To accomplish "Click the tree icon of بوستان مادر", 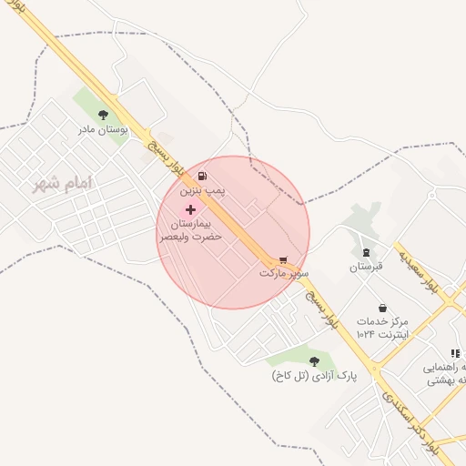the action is pos(103,115).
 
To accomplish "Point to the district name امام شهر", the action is pos(63,184).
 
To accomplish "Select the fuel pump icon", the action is pos(200,176).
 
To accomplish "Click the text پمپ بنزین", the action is pos(200,191).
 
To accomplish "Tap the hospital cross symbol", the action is pos(189,209).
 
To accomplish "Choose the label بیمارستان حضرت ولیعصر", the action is pos(190,229).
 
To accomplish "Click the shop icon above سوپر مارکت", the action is pos(283,258).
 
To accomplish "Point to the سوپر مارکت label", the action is pos(284,273).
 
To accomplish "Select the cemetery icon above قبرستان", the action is pos(367,252).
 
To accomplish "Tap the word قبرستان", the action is pos(368,268).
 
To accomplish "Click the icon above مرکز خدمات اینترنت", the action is pos(382,307).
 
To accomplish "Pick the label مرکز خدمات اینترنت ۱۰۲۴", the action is pos(382,329).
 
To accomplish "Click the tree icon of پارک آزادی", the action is pos(314,361).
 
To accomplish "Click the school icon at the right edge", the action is pos(454,353).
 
